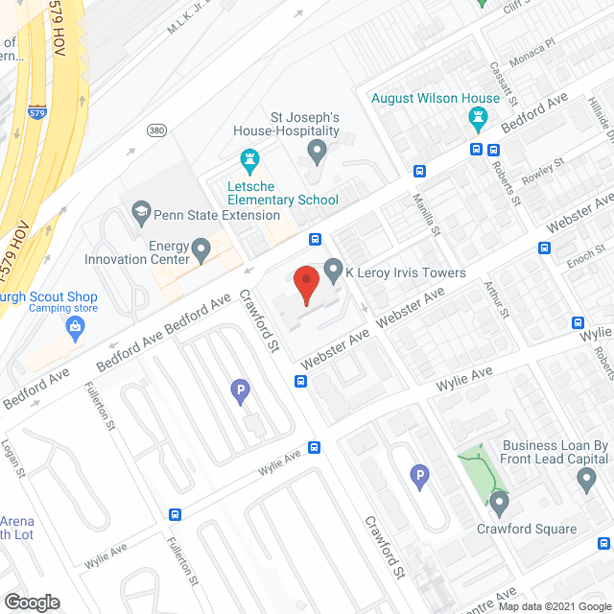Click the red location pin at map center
coord(305,285)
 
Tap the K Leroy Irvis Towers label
coord(406,272)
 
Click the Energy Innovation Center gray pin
coord(201,251)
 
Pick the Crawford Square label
coord(527,529)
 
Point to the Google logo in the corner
coord(31,602)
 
